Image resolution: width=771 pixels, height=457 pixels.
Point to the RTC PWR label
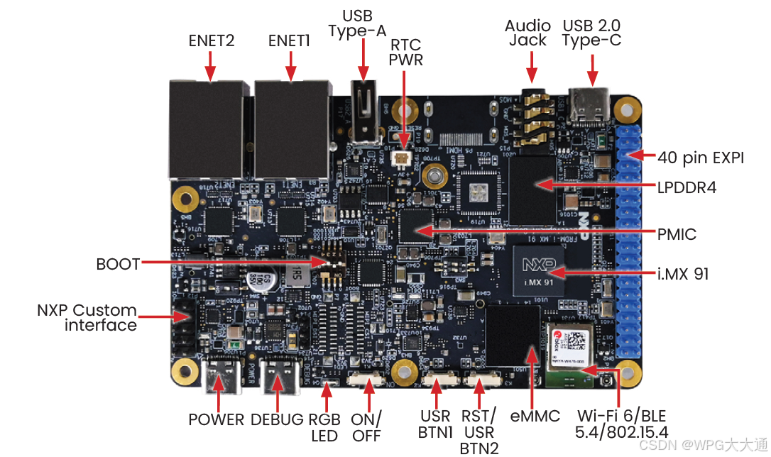(x=405, y=52)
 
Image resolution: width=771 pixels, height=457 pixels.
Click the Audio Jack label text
(x=527, y=33)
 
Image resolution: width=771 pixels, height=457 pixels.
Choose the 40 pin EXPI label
(x=700, y=158)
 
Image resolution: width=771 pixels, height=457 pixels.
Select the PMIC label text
(x=677, y=234)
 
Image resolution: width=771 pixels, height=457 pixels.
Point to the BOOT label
(x=119, y=264)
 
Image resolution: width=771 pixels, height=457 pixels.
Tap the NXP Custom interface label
(x=87, y=318)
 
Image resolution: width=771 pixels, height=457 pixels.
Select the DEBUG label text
(x=277, y=419)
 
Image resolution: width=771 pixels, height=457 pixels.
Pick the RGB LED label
(x=325, y=426)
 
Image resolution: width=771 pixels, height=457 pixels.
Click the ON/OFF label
(x=366, y=426)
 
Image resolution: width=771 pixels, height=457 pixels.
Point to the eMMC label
(x=535, y=417)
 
